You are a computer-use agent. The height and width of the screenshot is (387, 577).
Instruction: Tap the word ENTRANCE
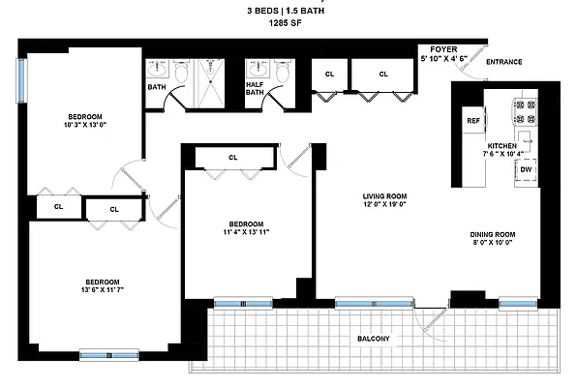tap(503, 62)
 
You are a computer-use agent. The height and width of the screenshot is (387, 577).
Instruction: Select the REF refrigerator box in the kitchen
tap(473, 121)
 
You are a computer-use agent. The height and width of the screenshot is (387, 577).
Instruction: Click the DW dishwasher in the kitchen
tap(525, 169)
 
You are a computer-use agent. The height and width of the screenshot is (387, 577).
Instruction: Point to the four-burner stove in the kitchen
tap(525, 108)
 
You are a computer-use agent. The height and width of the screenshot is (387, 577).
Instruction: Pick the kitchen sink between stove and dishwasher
tap(525, 138)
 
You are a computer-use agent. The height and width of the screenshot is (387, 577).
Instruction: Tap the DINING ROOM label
tap(491, 233)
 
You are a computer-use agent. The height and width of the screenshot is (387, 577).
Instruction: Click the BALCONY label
tap(372, 338)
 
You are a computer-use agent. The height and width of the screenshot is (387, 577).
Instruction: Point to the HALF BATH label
tap(254, 88)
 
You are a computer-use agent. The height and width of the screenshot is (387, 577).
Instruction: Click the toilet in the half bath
tap(282, 72)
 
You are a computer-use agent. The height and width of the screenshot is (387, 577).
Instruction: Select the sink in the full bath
tap(158, 71)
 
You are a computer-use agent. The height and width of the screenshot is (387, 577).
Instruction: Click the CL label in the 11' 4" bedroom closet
tap(232, 157)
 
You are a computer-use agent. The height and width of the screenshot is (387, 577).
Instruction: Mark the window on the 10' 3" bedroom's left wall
tap(20, 81)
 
